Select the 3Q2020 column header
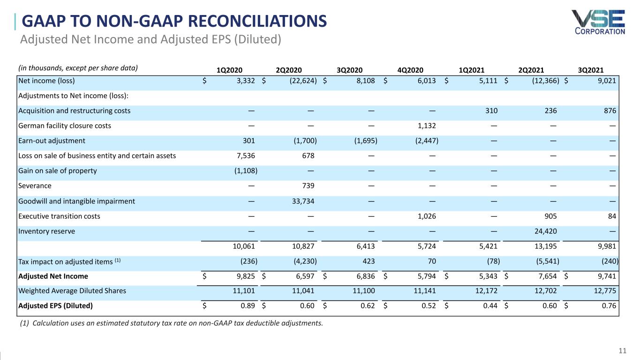click(x=349, y=70)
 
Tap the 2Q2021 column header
click(x=531, y=70)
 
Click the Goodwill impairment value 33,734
click(x=303, y=201)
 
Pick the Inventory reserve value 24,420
click(x=545, y=231)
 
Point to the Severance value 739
click(x=308, y=186)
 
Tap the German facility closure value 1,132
click(x=427, y=126)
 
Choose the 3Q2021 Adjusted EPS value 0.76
click(x=609, y=306)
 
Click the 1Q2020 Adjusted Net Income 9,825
click(x=245, y=276)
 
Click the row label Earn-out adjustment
click(x=52, y=141)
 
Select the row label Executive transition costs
click(x=59, y=216)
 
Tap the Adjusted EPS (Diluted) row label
click(x=55, y=306)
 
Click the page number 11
click(x=622, y=351)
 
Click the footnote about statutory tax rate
click(x=172, y=323)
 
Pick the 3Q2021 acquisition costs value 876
click(x=610, y=111)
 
